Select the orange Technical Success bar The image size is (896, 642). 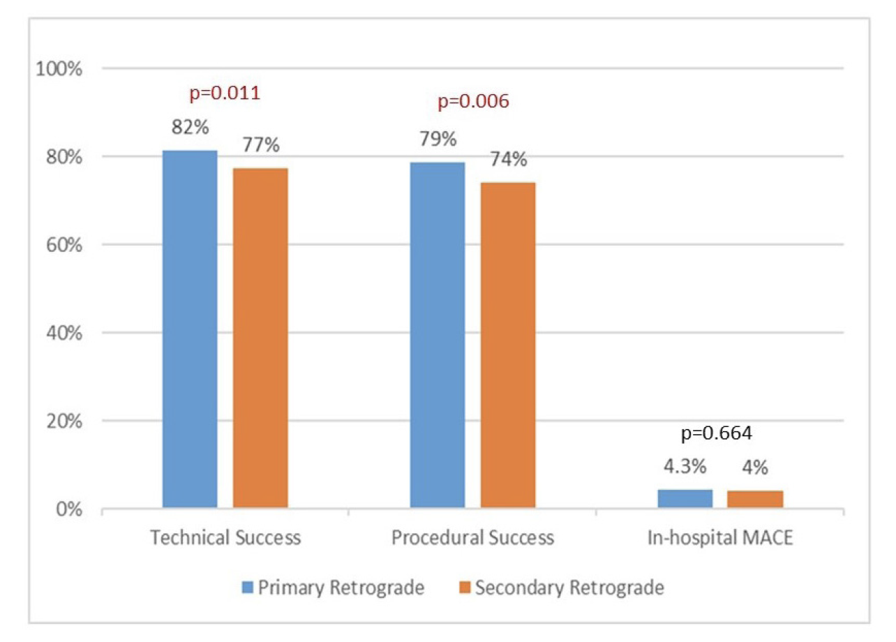click(x=260, y=338)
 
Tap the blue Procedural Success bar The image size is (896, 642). click(x=438, y=335)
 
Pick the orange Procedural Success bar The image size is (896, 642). click(x=507, y=345)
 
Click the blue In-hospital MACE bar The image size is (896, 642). click(x=685, y=500)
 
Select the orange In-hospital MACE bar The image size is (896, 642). click(x=755, y=500)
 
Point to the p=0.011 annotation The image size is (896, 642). click(x=225, y=93)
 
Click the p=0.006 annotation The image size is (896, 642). click(x=473, y=101)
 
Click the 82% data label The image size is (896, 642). click(x=190, y=128)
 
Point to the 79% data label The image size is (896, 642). click(x=438, y=139)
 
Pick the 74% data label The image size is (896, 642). click(x=508, y=160)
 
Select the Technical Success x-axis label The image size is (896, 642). click(x=225, y=538)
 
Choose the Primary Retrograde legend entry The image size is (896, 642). click(x=333, y=588)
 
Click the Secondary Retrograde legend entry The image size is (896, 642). click(x=561, y=588)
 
